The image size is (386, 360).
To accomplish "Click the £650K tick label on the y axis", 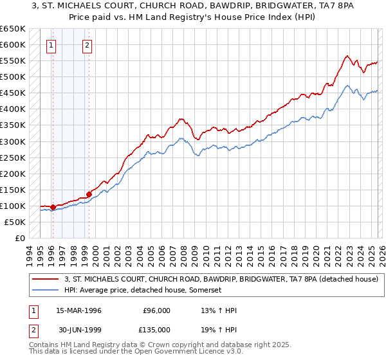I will tap(13, 29).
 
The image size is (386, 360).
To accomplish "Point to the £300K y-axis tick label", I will tap(13, 141).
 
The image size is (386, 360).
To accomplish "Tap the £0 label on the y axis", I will tap(20, 239).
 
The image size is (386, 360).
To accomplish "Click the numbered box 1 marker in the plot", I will tap(51, 45).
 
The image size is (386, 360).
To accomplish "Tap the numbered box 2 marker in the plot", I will tap(87, 45).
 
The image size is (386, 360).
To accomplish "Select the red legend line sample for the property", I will tap(46, 279).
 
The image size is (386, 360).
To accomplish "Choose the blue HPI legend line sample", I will tap(46, 291).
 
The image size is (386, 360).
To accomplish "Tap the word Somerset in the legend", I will tap(205, 291).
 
